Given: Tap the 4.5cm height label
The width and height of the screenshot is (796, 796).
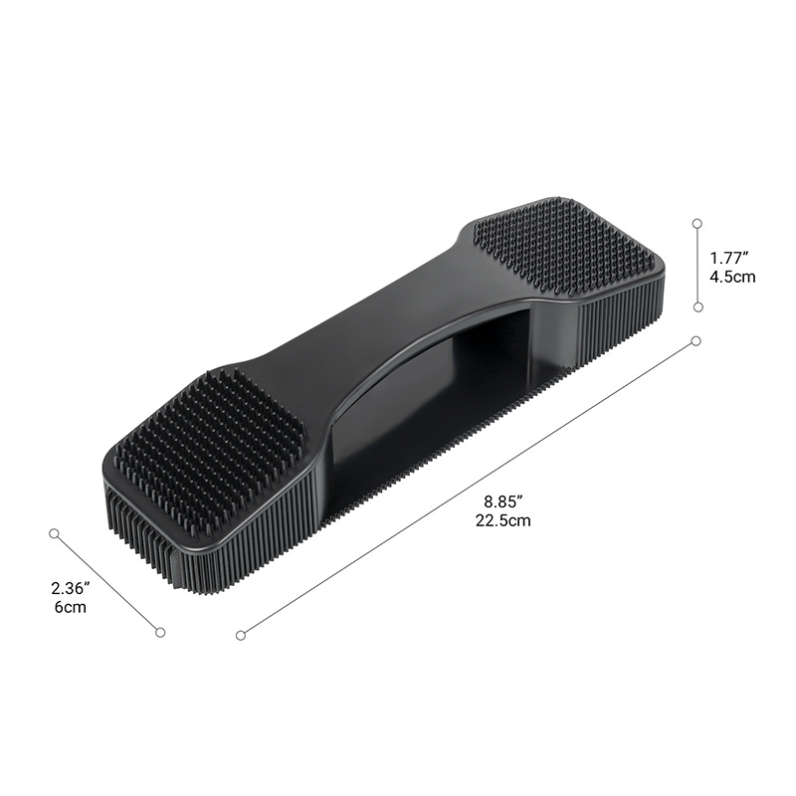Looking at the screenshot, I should (732, 277).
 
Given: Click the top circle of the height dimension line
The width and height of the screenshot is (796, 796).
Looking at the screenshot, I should (697, 225).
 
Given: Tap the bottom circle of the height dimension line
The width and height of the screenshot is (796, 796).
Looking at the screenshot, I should (697, 308).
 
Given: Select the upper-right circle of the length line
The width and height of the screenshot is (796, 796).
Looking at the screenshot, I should (696, 341).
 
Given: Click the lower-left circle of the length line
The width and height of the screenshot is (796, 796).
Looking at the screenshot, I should (240, 634).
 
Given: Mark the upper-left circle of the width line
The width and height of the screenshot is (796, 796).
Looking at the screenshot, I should (56, 533).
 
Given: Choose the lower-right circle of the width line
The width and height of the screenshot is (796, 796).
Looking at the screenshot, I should (159, 631).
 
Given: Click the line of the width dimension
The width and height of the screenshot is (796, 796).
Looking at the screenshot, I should (107, 582).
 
